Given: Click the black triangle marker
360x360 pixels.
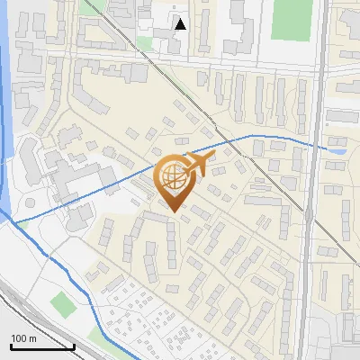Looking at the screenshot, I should point(181,24).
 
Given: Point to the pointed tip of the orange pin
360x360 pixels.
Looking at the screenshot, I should point(173,211).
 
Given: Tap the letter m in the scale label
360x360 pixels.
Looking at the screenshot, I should point(33,338).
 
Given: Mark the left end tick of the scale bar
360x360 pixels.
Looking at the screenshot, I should point(11,346).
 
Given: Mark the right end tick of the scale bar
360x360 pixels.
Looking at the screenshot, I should point(74,346).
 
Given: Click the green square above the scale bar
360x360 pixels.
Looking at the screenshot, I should point(62,303).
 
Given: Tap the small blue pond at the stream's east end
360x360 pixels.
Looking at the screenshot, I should point(337,149).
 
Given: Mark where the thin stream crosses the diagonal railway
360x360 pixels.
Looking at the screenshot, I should point(210,144).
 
